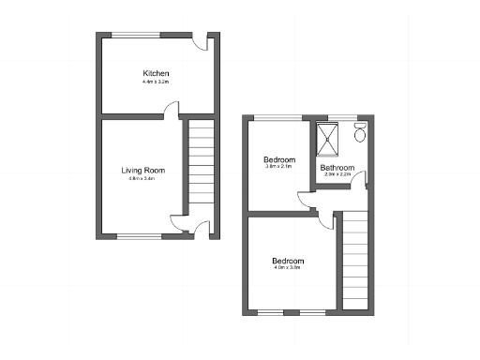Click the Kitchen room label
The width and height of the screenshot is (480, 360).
pyautogui.click(x=156, y=73)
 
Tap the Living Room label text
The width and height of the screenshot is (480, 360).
pyautogui.click(x=143, y=170)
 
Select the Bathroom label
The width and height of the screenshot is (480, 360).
pyautogui.click(x=337, y=168)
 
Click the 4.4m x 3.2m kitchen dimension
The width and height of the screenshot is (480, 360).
pyautogui.click(x=156, y=82)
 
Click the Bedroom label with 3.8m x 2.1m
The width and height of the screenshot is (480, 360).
pyautogui.click(x=279, y=158)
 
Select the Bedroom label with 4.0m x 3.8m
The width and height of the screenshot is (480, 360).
pyautogui.click(x=288, y=260)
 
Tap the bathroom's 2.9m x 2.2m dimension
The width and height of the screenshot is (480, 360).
pyautogui.click(x=337, y=175)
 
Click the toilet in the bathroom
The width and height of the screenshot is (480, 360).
pyautogui.click(x=360, y=135)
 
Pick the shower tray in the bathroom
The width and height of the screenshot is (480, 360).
pyautogui.click(x=330, y=137)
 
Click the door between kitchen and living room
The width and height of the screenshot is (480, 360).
pyautogui.click(x=171, y=112)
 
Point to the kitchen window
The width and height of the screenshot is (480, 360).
pyautogui.click(x=137, y=36)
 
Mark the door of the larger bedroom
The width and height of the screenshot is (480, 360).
pyautogui.click(x=326, y=220)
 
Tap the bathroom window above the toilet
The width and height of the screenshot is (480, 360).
pyautogui.click(x=360, y=118)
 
